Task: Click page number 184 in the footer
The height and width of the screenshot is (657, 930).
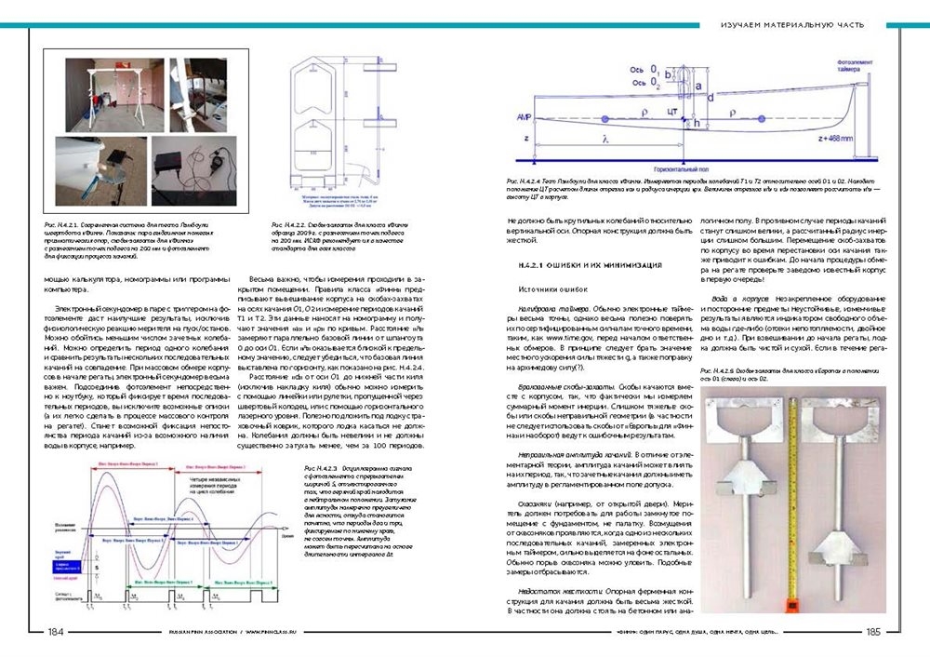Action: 55,632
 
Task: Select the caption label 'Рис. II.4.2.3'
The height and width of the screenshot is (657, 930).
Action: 321,466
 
